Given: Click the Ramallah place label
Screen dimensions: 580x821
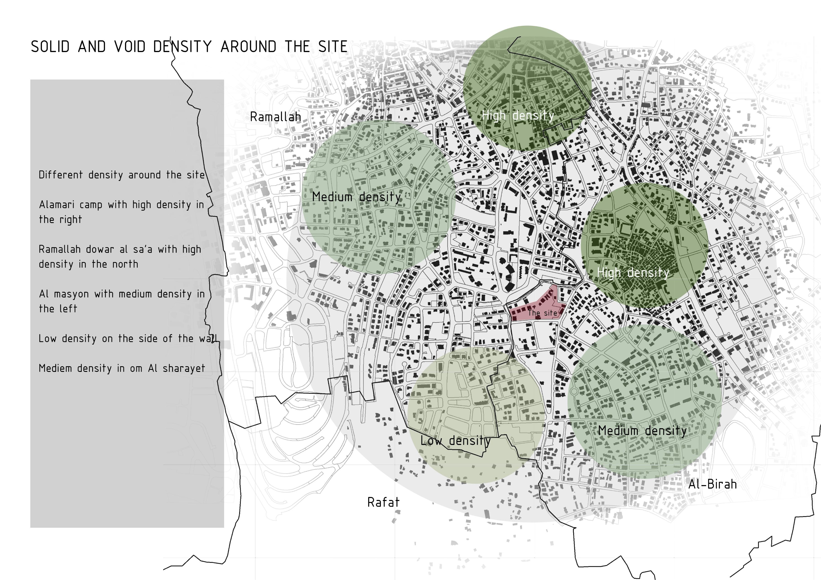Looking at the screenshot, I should [275, 117].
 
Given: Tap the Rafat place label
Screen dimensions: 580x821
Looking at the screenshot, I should [383, 502].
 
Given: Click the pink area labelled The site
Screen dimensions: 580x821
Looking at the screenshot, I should [536, 308].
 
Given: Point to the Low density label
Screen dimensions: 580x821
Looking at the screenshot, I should [455, 441].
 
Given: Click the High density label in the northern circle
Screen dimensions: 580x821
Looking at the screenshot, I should [518, 115].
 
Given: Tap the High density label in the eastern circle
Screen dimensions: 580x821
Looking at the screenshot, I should [633, 273].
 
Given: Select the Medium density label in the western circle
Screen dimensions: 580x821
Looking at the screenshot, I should [357, 197].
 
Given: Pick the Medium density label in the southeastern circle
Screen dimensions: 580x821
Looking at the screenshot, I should [642, 431].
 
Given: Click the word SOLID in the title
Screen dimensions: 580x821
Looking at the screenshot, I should [50, 47].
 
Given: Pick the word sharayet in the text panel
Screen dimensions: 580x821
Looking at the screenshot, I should [184, 368].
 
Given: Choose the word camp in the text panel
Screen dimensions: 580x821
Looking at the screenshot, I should [91, 205].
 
